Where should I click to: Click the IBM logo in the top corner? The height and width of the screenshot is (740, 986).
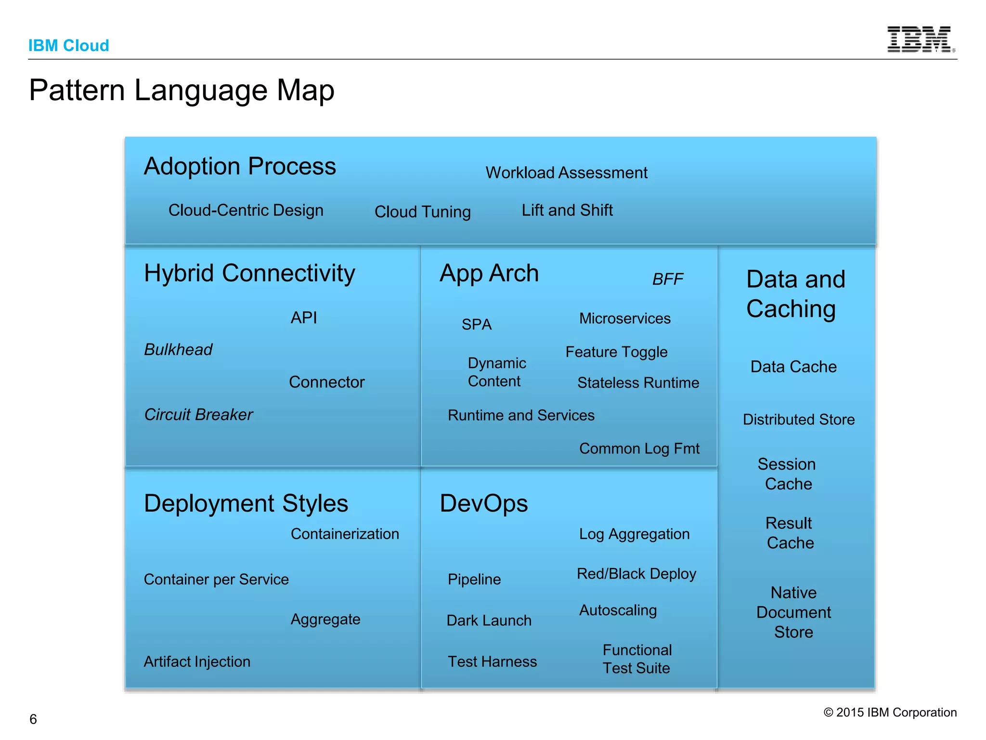(920, 40)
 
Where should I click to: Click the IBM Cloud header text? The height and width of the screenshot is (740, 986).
(68, 45)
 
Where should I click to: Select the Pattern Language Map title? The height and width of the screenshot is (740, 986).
(182, 90)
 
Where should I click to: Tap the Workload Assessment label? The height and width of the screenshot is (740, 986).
(566, 172)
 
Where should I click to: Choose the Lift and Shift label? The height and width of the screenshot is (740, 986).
(567, 210)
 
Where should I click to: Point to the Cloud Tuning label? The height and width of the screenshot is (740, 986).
(422, 211)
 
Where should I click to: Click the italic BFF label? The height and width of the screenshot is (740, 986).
(667, 279)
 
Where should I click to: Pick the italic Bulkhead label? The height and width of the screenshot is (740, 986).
(178, 349)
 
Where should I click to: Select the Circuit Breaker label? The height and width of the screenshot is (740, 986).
(198, 414)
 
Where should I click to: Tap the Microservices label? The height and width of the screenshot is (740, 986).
(624, 318)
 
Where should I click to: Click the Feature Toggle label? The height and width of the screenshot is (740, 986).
(616, 352)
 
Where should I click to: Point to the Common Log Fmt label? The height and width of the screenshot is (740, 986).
(639, 449)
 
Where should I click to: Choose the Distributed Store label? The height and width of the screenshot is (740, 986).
(798, 419)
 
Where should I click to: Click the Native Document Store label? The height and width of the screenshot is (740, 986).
(793, 612)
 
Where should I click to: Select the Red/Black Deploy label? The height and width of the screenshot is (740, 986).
(636, 574)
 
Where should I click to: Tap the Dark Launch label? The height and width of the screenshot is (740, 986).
(489, 620)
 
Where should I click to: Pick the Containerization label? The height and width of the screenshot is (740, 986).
(345, 534)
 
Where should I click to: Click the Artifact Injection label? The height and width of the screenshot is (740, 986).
(197, 661)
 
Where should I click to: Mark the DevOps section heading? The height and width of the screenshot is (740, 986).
(483, 503)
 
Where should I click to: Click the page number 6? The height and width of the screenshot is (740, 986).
(33, 719)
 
